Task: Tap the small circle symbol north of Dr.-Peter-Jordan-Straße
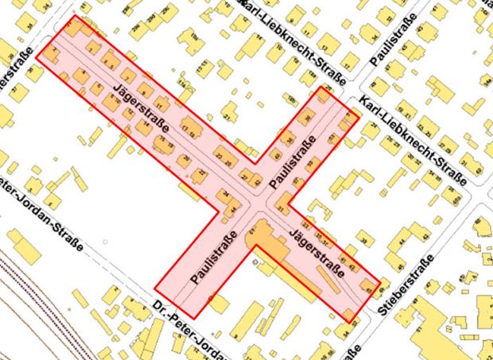point(104,241)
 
